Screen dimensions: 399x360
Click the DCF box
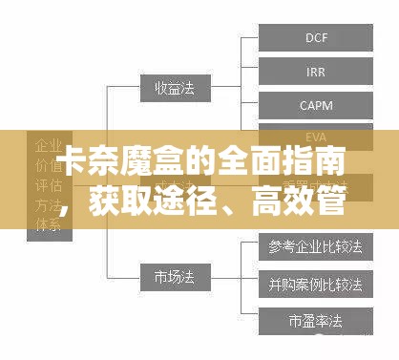316,38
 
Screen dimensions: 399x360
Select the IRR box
316,72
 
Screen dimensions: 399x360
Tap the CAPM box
316,104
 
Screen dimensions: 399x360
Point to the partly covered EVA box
316,135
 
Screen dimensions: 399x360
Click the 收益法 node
173,88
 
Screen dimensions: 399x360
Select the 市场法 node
173,280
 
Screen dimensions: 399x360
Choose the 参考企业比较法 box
316,247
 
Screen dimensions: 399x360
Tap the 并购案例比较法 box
316,283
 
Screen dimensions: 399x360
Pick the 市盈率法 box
316,318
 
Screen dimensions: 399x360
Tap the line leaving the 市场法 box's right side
216,280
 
